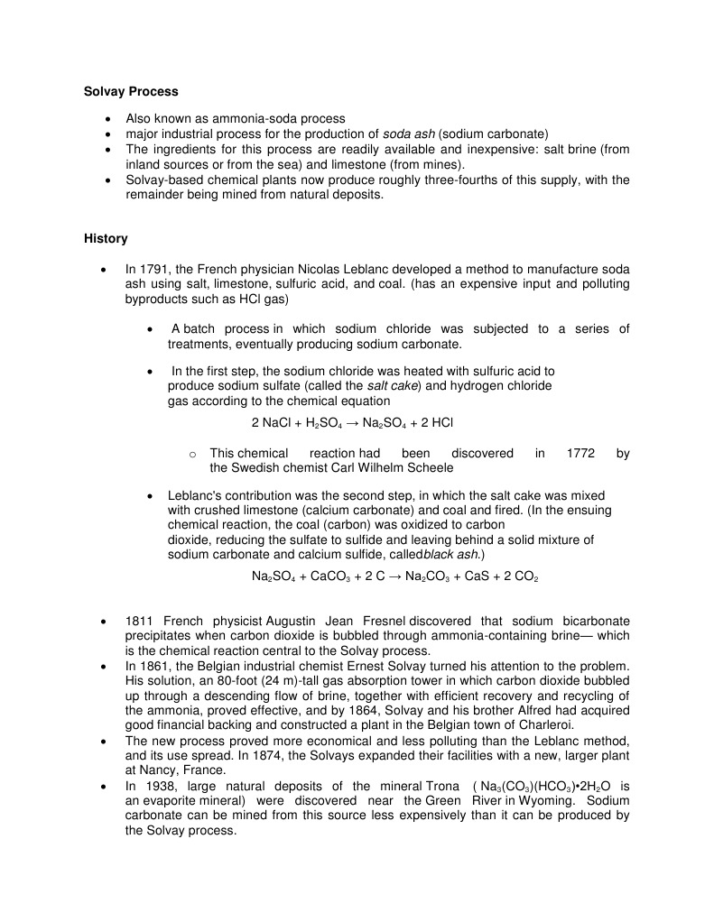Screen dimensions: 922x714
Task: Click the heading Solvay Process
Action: [131, 91]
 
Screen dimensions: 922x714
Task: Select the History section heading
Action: [106, 239]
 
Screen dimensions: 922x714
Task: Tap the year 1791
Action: [155, 269]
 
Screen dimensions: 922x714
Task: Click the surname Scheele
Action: [429, 467]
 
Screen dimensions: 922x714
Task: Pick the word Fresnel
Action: [385, 622]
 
